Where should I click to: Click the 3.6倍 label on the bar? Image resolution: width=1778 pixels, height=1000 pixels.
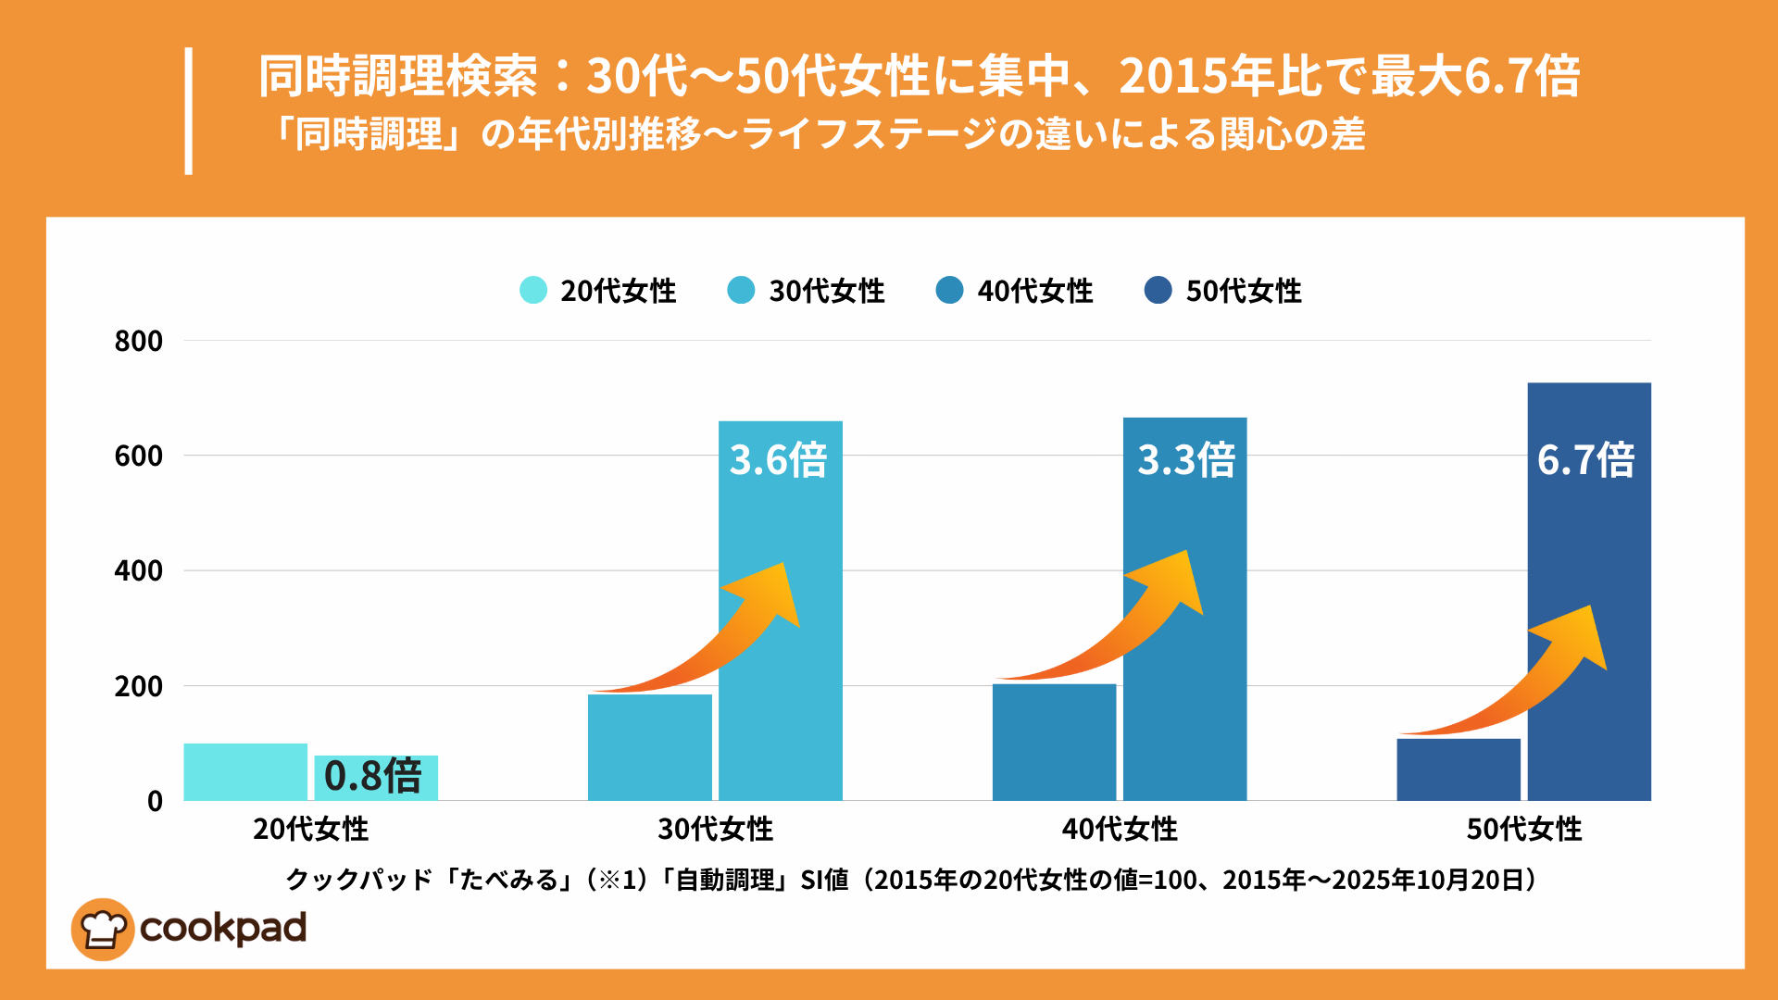[778, 460]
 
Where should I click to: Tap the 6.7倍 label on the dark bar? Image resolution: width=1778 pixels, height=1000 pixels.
[1585, 460]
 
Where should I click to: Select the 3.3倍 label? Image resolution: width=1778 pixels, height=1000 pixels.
[1185, 460]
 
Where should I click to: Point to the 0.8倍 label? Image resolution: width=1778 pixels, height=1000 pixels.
[373, 776]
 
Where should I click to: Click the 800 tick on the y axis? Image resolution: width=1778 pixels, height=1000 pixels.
[139, 341]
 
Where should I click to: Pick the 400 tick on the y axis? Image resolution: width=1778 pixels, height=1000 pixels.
[139, 570]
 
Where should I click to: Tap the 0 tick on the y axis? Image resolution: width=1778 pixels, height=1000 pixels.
[155, 801]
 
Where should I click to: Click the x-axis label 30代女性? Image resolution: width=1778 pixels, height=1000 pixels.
[715, 829]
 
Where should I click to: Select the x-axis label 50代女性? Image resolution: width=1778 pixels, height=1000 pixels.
[1523, 829]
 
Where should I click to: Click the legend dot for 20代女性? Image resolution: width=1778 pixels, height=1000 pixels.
[533, 290]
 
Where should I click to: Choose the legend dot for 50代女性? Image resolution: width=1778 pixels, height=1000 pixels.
[1158, 290]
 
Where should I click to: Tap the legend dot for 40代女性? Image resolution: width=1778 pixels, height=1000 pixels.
[949, 290]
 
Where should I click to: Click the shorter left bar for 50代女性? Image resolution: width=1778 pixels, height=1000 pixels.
[1459, 769]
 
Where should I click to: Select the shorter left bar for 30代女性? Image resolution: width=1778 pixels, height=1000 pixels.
[650, 747]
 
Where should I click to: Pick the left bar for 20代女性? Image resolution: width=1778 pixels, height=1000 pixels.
[245, 772]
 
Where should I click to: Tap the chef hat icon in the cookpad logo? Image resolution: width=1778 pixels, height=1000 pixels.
[103, 929]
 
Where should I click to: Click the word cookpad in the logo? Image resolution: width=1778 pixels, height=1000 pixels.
[223, 929]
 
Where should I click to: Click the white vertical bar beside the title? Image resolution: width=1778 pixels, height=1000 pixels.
[189, 111]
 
